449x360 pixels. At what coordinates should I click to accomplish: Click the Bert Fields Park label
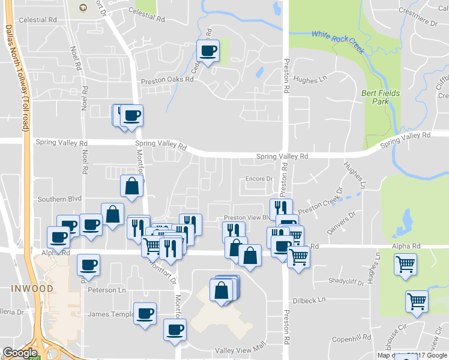[x=376, y=97]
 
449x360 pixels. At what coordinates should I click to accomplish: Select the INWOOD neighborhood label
[x=31, y=289]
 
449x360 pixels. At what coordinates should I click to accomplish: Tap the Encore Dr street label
[x=259, y=179]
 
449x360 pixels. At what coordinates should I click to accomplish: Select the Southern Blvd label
[x=58, y=199]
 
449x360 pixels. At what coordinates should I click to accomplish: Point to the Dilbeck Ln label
[x=309, y=299]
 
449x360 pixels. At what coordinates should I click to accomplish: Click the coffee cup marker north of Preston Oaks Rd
[x=208, y=50]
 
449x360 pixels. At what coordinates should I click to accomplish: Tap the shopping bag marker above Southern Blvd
[x=131, y=185]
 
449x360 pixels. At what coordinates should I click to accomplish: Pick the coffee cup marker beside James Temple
[x=145, y=313]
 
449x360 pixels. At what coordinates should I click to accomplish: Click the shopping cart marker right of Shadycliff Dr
[x=406, y=264]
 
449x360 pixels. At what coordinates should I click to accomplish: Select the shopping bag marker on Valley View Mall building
[x=222, y=290]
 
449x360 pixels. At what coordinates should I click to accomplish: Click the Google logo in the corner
[x=20, y=353]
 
